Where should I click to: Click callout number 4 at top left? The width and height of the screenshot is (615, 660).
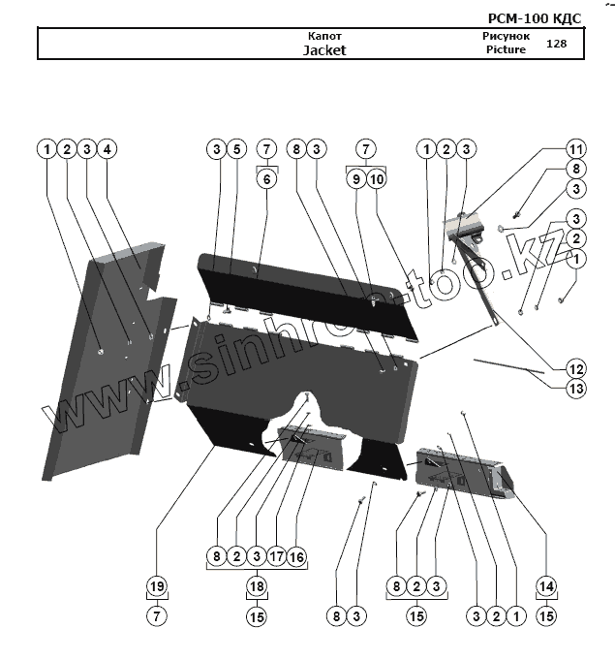tap(108, 149)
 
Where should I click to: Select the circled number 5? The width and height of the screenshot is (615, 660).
tap(235, 149)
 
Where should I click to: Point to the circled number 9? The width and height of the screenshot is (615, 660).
tap(355, 179)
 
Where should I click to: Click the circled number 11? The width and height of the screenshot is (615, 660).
tap(575, 149)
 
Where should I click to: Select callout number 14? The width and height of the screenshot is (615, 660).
tap(546, 586)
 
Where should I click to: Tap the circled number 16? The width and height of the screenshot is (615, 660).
tap(296, 557)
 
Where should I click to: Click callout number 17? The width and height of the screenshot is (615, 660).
tap(276, 557)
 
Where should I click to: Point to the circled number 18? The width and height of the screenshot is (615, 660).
tap(256, 586)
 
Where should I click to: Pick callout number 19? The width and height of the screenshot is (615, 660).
tap(157, 586)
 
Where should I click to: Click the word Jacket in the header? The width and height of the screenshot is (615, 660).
tap(323, 50)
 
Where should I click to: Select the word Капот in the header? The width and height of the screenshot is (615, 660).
tap(323, 36)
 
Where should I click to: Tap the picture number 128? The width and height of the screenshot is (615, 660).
tap(556, 44)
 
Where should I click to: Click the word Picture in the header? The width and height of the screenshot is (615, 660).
tap(506, 50)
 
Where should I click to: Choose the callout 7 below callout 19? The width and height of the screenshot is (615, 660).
tap(157, 615)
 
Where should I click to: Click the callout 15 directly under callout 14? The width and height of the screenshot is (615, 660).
tap(546, 615)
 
